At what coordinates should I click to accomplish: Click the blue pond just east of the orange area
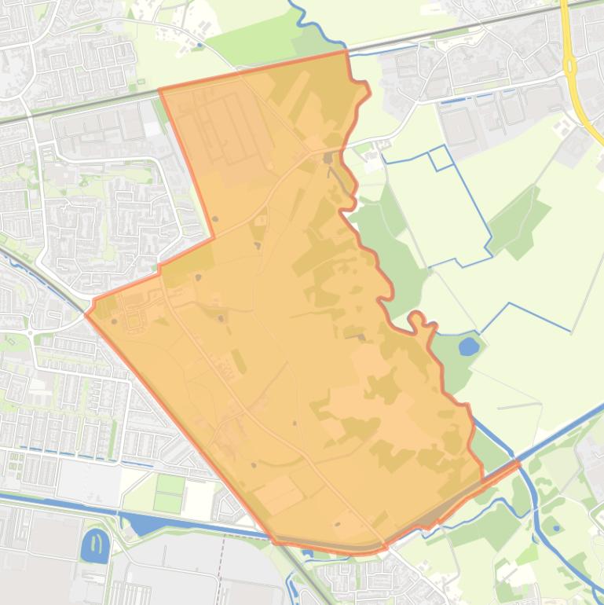pyautogui.click(x=469, y=346)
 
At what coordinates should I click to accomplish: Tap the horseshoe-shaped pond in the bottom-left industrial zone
pyautogui.click(x=95, y=545)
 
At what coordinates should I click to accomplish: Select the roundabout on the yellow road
pyautogui.click(x=569, y=67)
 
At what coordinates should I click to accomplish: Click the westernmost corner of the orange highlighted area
pyautogui.click(x=86, y=314)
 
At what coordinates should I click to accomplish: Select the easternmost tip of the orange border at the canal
pyautogui.click(x=519, y=463)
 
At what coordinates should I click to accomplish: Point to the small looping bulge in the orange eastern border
pyautogui.click(x=417, y=318)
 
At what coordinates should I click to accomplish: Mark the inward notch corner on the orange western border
pyautogui.click(x=214, y=237)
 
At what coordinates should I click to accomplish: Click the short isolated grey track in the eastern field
pyautogui.click(x=518, y=406)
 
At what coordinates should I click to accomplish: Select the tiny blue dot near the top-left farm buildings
pyautogui.click(x=200, y=46)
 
